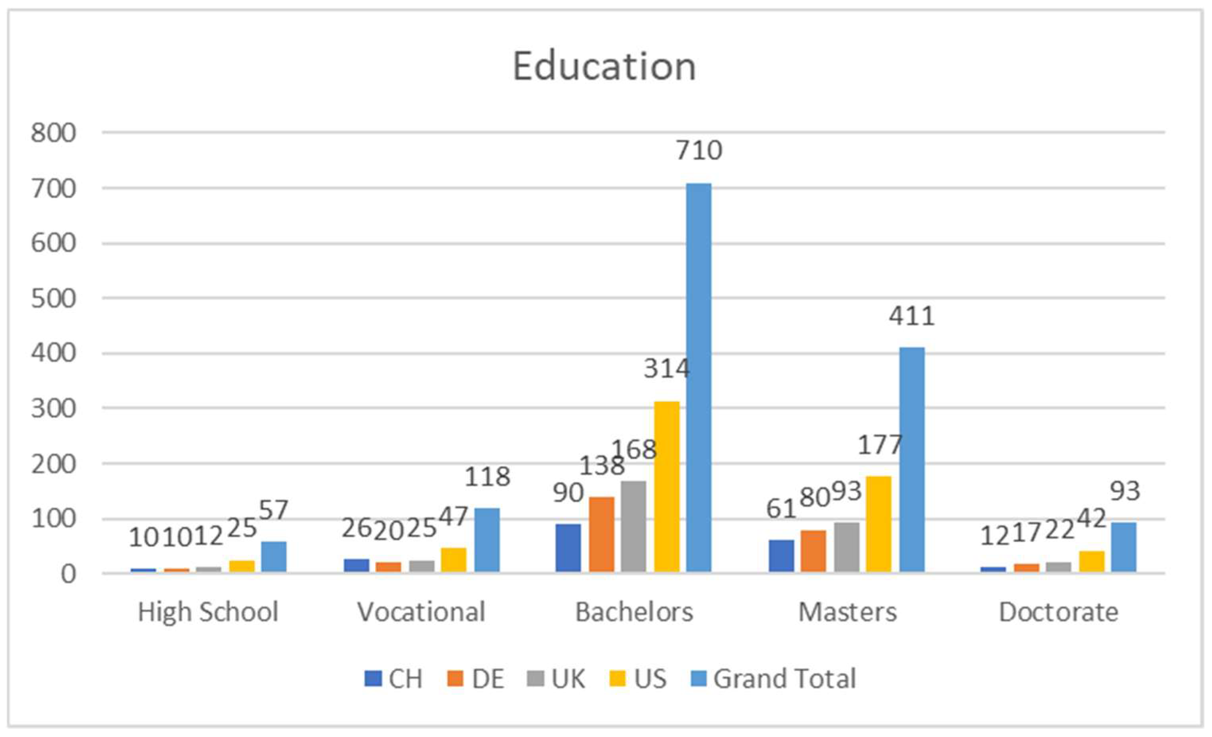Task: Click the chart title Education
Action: [x=604, y=67]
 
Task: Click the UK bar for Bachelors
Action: [x=634, y=526]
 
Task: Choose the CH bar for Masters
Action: [x=781, y=556]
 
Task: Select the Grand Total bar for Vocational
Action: [x=486, y=540]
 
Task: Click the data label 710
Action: [x=698, y=150]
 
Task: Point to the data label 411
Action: [x=911, y=316]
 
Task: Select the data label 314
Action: [x=667, y=368]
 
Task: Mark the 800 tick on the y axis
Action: [x=54, y=133]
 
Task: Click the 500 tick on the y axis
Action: [x=54, y=298]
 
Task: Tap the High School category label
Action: [x=208, y=612]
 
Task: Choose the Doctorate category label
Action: [x=1058, y=612]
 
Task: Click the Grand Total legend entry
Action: [x=784, y=679]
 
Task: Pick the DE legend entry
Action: [x=487, y=679]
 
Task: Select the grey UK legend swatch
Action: [x=536, y=679]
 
